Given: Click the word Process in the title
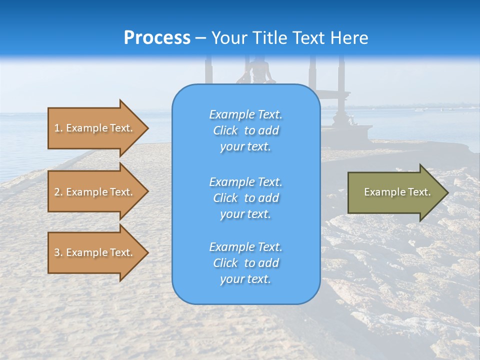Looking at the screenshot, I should [x=157, y=38].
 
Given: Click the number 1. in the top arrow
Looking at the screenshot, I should [x=58, y=128].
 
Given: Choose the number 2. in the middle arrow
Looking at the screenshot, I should [x=58, y=192].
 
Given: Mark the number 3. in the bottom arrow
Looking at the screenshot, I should [x=58, y=252].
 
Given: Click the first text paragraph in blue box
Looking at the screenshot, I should [x=245, y=130].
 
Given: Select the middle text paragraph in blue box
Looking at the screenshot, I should [x=245, y=198].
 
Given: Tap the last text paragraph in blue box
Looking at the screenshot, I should [x=245, y=263].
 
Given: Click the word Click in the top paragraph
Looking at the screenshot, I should [x=225, y=130].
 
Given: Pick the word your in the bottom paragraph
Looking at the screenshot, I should [x=231, y=279].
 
